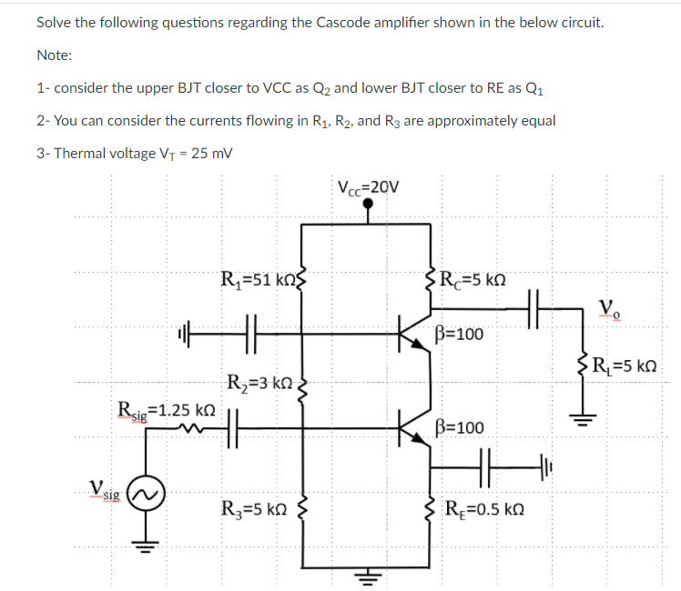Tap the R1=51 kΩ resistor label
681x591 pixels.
click(259, 277)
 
